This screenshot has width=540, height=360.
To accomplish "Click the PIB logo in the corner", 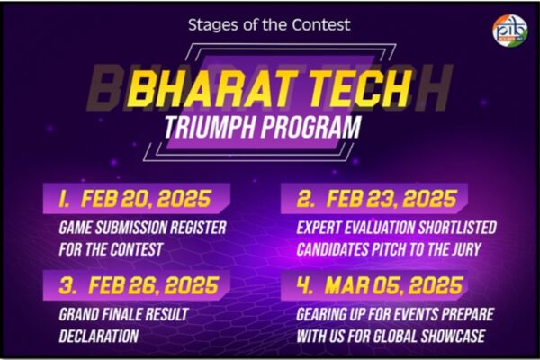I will [509, 30].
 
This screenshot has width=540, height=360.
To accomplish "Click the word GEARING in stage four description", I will [327, 315].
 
